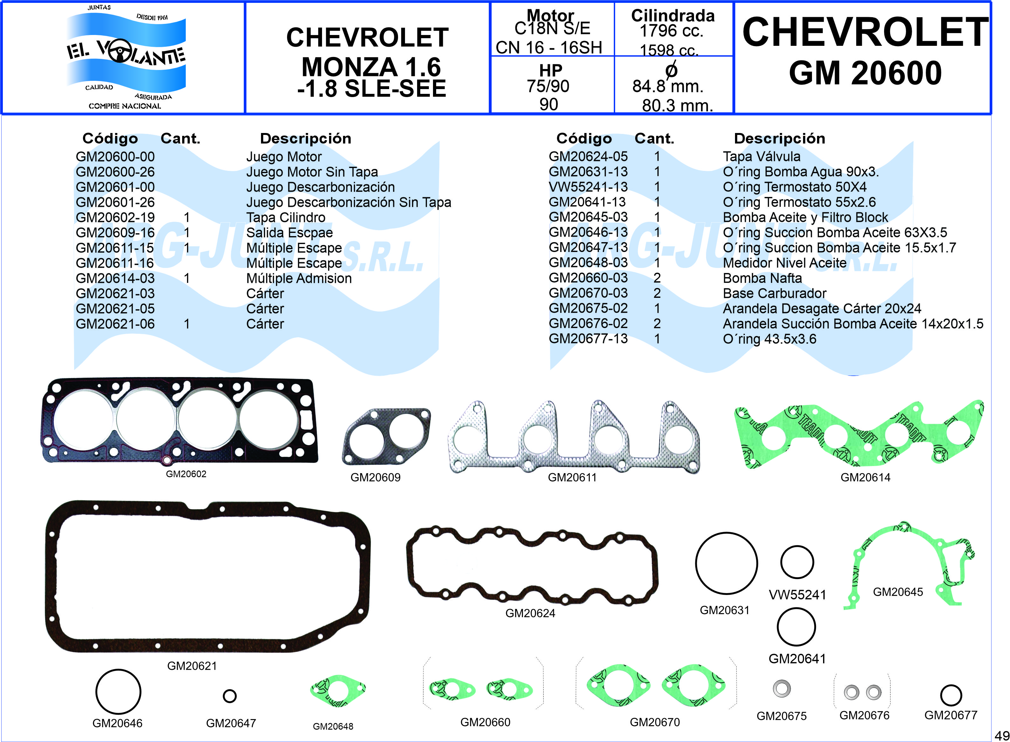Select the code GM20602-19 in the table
[x=115, y=217]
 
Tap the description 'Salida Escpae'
[x=289, y=233]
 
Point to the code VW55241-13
[x=588, y=187]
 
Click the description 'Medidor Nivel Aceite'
[x=785, y=263]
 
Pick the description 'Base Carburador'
[x=774, y=293]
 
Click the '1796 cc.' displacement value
[x=671, y=31]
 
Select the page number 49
[x=1002, y=736]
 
